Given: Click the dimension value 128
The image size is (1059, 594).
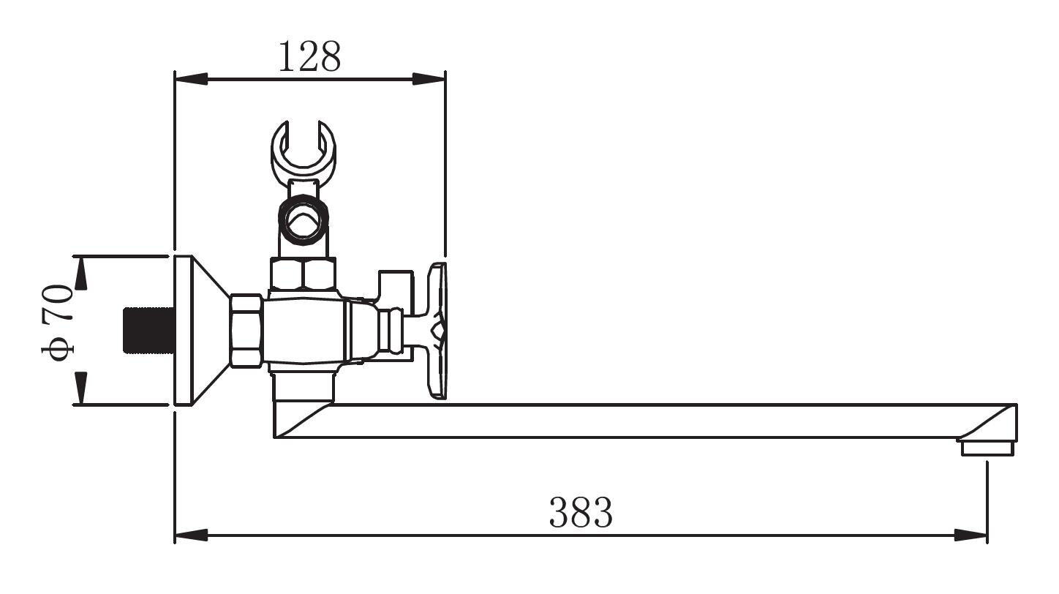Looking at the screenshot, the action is [309, 57].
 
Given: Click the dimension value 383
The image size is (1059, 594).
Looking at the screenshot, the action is [581, 512].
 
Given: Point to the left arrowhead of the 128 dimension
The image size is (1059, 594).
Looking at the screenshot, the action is [191, 79].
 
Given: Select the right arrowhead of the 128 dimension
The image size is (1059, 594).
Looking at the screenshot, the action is [429, 79].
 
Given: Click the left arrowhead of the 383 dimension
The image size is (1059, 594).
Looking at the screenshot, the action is [191, 535].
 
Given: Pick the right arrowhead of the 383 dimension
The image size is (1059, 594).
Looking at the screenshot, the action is [971, 535].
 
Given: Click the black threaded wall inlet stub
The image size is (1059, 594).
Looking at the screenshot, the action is [149, 330].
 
